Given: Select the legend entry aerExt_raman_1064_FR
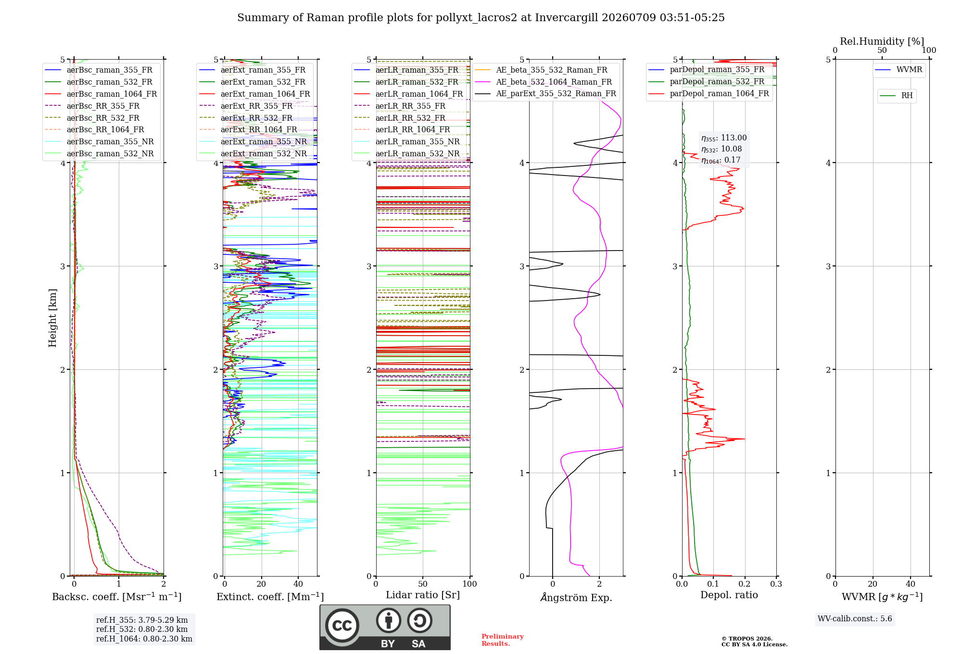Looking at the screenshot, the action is [x=254, y=94].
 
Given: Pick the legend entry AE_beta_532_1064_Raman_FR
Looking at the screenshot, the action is [x=544, y=82].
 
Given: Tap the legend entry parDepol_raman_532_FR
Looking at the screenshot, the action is [x=707, y=82].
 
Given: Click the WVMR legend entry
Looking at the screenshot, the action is [x=899, y=70].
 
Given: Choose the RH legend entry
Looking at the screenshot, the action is [x=897, y=96].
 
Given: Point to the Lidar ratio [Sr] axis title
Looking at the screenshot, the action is [x=423, y=595].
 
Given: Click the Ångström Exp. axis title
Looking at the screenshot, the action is [x=576, y=597].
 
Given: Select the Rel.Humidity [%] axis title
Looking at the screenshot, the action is [x=882, y=41].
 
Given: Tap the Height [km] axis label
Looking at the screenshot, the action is [x=52, y=318].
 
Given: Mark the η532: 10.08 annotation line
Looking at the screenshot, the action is [x=721, y=149].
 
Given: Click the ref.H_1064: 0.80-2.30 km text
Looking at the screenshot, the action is [x=144, y=639].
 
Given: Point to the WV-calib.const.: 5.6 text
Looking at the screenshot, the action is [x=855, y=619].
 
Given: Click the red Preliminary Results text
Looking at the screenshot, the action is [x=503, y=640].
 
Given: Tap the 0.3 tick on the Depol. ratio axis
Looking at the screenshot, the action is [x=776, y=584].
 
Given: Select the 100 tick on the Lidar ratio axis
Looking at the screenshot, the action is [x=469, y=584].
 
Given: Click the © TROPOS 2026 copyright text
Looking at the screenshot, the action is [x=747, y=639].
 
